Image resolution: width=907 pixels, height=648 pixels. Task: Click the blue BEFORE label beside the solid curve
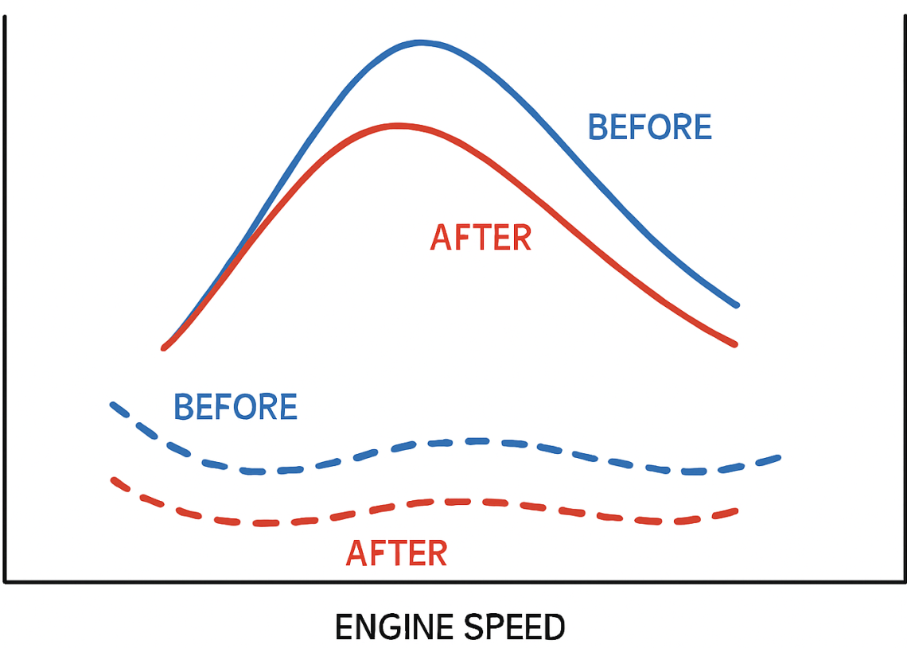tap(649, 127)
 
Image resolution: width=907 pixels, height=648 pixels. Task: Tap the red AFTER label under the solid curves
tap(481, 238)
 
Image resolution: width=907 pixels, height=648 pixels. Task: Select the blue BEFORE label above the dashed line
tap(236, 407)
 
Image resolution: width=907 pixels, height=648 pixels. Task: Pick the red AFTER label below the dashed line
tap(396, 553)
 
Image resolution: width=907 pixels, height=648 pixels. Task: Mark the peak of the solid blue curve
tap(420, 42)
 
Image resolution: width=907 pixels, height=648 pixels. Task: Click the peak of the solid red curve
tap(395, 126)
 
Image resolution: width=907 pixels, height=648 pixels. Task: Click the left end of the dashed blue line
tap(113, 405)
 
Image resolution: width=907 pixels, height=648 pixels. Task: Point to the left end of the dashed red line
tap(114, 479)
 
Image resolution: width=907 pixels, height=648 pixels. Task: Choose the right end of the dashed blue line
tap(777, 458)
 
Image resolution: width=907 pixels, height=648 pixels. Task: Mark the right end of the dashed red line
tap(736, 510)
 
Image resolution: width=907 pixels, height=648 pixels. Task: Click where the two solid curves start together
tap(165, 347)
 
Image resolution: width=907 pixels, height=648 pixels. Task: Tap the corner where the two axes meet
tap(6, 581)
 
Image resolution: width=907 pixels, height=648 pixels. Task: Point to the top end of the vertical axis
tap(6, 17)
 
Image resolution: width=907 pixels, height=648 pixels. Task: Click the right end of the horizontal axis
tap(904, 581)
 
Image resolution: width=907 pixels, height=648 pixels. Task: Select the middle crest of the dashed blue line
tap(473, 440)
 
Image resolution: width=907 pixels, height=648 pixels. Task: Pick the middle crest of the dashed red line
tap(457, 501)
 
